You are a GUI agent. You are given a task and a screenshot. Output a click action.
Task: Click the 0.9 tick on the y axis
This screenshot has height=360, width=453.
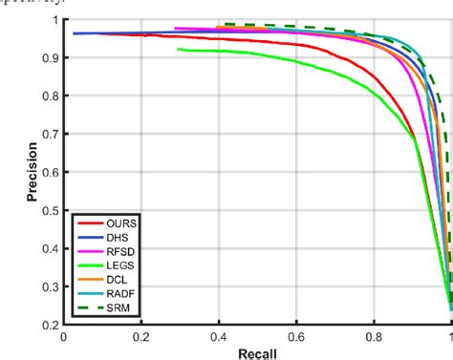pyautogui.click(x=49, y=58)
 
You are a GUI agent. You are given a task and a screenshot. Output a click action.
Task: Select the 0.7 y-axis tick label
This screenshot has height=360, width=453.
pyautogui.click(x=49, y=135)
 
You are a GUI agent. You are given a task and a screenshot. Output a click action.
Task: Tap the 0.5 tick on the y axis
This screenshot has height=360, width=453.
pyautogui.click(x=49, y=211)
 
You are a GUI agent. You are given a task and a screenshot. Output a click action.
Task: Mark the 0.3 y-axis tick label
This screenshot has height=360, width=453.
pyautogui.click(x=49, y=287)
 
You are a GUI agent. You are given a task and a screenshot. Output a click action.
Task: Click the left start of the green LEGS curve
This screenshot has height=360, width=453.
pyautogui.click(x=180, y=49)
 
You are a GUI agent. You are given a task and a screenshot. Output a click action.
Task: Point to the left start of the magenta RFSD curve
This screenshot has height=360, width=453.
pyautogui.click(x=176, y=29)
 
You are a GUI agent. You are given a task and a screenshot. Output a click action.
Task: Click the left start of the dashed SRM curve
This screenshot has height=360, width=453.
pyautogui.click(x=219, y=24)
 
